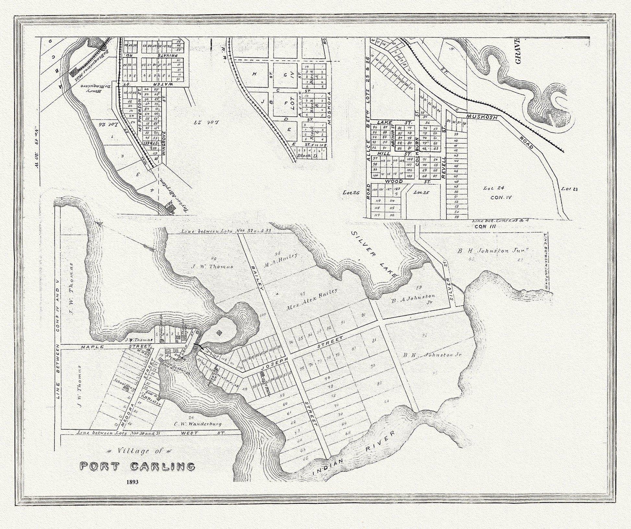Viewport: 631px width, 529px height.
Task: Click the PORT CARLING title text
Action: click(137, 467)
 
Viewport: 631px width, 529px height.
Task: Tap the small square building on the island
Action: click(220, 332)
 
